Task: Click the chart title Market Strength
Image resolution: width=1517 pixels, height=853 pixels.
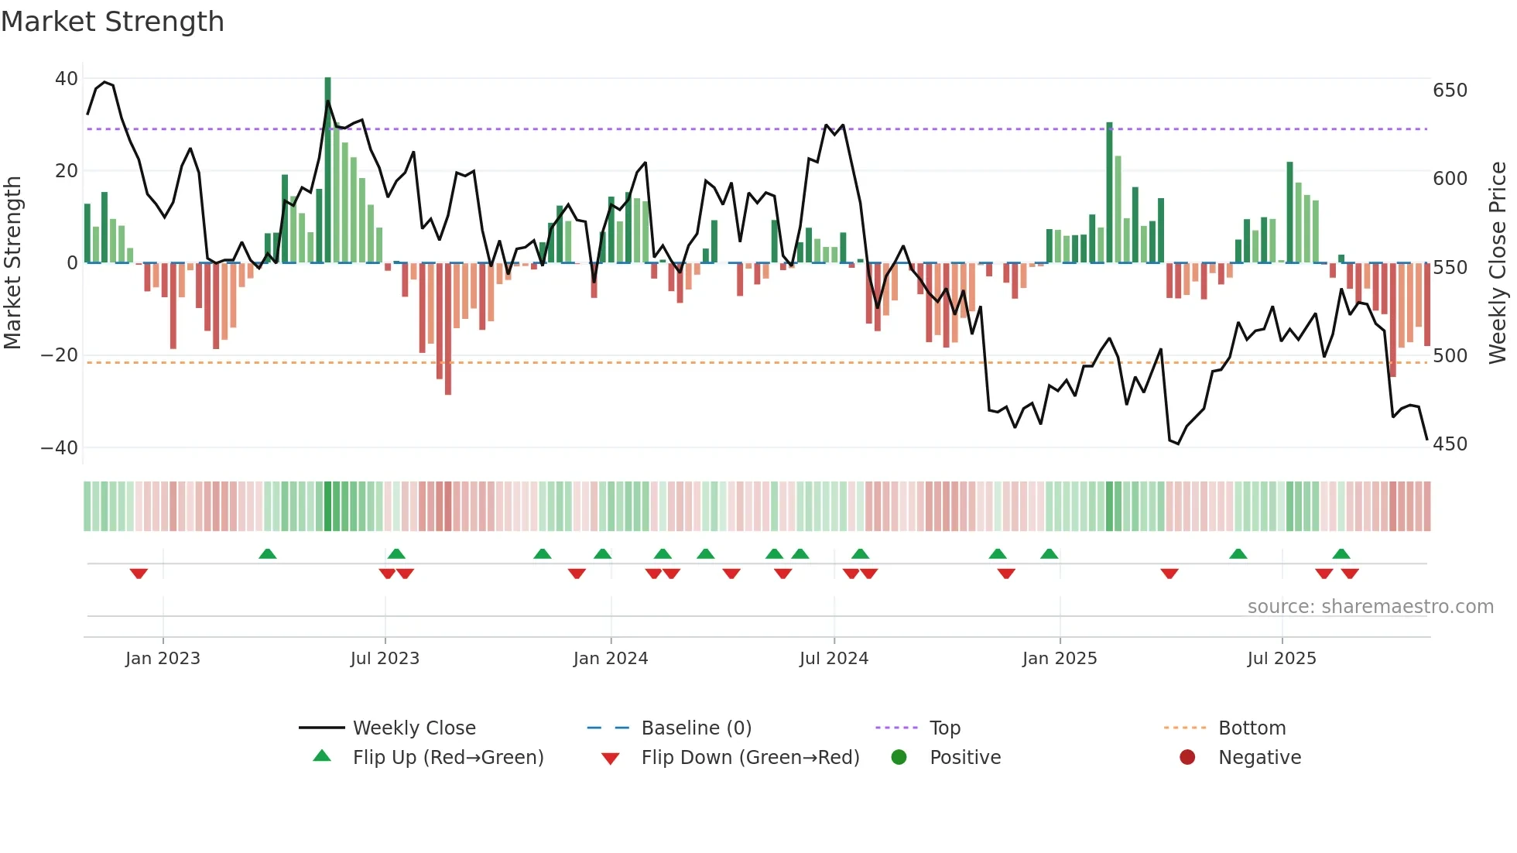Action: pyautogui.click(x=112, y=22)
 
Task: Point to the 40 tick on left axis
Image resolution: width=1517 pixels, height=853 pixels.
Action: pyautogui.click(x=67, y=79)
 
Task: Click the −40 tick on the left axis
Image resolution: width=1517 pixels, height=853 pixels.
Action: pyautogui.click(x=60, y=448)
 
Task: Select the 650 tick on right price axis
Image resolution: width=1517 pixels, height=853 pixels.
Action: pyautogui.click(x=1450, y=91)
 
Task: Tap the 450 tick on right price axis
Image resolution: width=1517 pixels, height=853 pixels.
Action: pyautogui.click(x=1450, y=444)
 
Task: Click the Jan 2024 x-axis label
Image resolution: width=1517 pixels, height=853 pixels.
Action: pyautogui.click(x=610, y=659)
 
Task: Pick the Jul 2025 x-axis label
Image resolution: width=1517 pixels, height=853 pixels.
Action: pyautogui.click(x=1281, y=659)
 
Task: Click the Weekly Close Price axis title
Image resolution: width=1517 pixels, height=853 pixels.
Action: pyautogui.click(x=1498, y=263)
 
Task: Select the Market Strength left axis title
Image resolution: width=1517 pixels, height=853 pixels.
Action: pyautogui.click(x=13, y=263)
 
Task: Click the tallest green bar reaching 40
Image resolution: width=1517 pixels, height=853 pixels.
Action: pyautogui.click(x=327, y=170)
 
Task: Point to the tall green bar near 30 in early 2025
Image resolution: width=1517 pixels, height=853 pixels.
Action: pyautogui.click(x=1109, y=194)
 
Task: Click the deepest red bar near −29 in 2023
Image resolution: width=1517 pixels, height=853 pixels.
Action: pyautogui.click(x=448, y=329)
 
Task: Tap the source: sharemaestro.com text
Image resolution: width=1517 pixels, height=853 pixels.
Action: pyautogui.click(x=1370, y=607)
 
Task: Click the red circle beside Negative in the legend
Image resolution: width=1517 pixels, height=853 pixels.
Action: pyautogui.click(x=1187, y=758)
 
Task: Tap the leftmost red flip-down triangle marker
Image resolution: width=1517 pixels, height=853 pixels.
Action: pyautogui.click(x=139, y=574)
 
